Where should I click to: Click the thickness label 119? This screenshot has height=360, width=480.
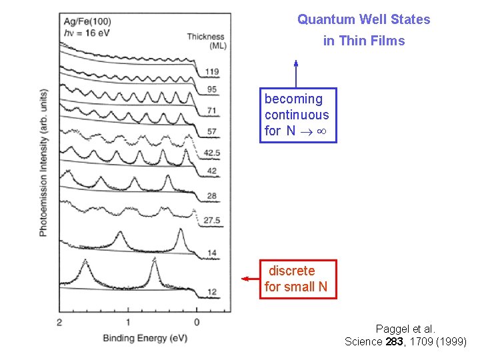pyautogui.click(x=212, y=72)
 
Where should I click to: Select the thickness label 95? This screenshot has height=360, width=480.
pyautogui.click(x=212, y=89)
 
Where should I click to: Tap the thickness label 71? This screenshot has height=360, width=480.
pyautogui.click(x=212, y=110)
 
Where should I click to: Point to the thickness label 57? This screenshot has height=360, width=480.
pyautogui.click(x=212, y=132)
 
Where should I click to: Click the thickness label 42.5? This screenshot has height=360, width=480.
pyautogui.click(x=213, y=153)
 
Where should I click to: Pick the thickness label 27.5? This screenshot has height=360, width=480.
pyautogui.click(x=213, y=221)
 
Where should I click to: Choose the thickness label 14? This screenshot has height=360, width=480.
pyautogui.click(x=212, y=253)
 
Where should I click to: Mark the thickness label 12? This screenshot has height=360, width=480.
pyautogui.click(x=212, y=293)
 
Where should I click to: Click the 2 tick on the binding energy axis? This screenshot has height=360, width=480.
pyautogui.click(x=60, y=323)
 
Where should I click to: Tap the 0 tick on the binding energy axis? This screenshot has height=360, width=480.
pyautogui.click(x=197, y=323)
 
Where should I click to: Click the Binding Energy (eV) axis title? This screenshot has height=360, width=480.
pyautogui.click(x=145, y=338)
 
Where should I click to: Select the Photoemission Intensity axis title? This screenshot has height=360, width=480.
pyautogui.click(x=43, y=161)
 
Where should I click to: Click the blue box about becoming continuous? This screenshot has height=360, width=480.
pyautogui.click(x=298, y=115)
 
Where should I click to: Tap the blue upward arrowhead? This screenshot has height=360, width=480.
pyautogui.click(x=296, y=64)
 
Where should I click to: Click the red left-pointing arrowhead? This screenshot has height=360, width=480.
pyautogui.click(x=245, y=278)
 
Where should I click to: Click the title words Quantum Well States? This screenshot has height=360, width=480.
pyautogui.click(x=363, y=19)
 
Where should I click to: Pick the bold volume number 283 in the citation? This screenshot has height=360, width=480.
pyautogui.click(x=395, y=341)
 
